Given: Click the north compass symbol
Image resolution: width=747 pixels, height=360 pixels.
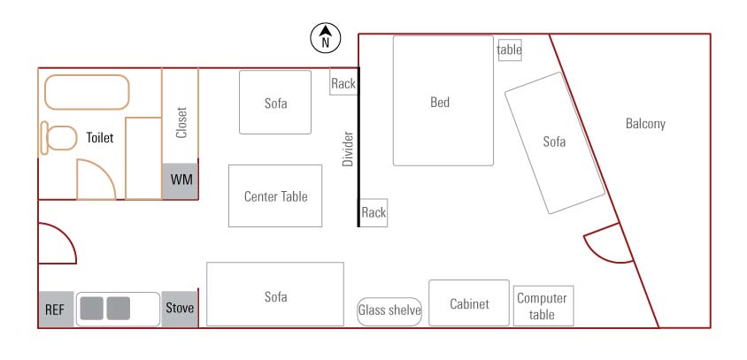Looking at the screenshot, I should coord(326,38).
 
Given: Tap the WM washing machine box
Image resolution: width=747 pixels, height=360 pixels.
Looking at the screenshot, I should coord(181,180).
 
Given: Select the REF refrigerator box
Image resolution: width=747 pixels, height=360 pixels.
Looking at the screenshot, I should coord(56,310).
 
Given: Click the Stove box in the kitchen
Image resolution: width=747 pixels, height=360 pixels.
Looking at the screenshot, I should coord(179,309).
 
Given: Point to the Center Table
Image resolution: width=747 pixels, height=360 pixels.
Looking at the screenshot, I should coord(275,196).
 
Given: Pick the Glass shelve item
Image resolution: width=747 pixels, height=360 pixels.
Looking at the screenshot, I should coord(389,310).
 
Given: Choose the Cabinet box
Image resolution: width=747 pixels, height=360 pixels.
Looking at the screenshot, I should coord(469,304).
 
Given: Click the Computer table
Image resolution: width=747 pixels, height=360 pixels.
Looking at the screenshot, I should coord(543,306).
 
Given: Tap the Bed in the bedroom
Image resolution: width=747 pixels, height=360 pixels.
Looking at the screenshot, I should coord(443,101).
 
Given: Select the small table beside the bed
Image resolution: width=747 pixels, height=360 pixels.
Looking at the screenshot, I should coord(510,50).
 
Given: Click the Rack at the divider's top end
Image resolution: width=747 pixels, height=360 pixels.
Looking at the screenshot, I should coord(343,83).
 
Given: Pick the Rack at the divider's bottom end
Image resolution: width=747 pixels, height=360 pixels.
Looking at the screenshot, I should coord(373,212).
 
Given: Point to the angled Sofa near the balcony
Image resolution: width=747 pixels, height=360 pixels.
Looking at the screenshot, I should coord(555,142).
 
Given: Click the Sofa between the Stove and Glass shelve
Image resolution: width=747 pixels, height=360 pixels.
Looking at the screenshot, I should coord(275,295).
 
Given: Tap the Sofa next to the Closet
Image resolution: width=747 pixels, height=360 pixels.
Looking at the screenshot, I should coord(275,103).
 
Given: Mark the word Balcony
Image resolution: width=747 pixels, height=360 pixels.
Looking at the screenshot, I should coord(645,124).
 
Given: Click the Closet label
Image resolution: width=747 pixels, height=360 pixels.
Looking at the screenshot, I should coord(181,122).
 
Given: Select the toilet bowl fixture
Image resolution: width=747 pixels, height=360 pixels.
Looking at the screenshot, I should coord(58,139).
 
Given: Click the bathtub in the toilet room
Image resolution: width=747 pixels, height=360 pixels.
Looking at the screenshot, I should coord(87,92).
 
